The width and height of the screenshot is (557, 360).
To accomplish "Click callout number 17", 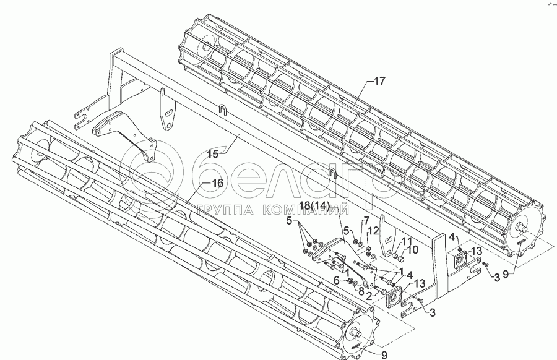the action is [379, 80].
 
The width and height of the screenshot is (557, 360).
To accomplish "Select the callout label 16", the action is [216, 182].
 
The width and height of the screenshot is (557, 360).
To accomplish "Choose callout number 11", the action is [406, 241].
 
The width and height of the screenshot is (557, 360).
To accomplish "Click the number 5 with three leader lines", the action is [288, 221].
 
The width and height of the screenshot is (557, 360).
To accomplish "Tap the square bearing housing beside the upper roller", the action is [462, 260].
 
